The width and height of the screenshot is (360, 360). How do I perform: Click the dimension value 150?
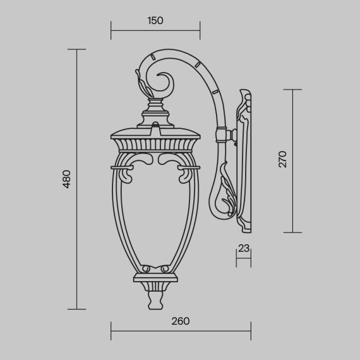click(155, 20)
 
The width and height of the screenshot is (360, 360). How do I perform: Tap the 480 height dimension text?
click(66, 179)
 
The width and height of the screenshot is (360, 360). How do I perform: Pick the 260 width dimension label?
click(181, 321)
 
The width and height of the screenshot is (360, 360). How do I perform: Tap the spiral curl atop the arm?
click(163, 81)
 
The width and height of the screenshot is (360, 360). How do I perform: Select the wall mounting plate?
click(245, 158)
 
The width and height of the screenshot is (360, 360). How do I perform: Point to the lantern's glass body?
click(155, 215)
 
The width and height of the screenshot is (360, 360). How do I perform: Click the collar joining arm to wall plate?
click(222, 135)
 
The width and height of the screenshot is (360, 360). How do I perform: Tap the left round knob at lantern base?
click(144, 269)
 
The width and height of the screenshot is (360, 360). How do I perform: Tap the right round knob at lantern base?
click(166, 269)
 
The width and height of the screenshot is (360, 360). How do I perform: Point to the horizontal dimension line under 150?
click(155, 30)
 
